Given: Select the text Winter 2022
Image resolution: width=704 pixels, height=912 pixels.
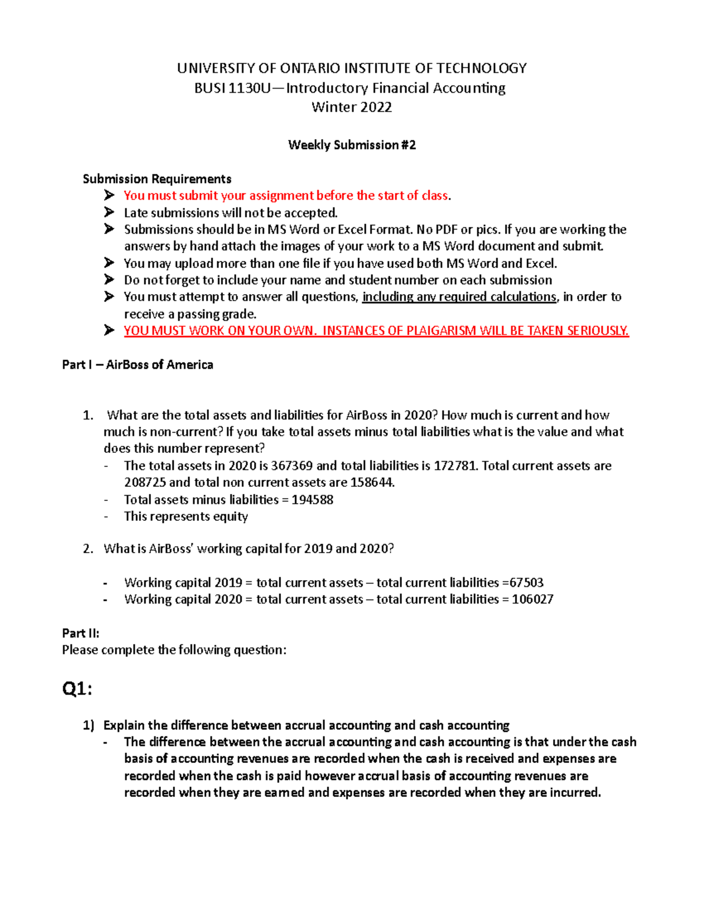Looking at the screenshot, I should [x=351, y=107].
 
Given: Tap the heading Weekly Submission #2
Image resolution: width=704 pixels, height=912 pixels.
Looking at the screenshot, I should [x=351, y=145].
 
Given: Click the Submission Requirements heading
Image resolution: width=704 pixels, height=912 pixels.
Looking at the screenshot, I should [x=157, y=179].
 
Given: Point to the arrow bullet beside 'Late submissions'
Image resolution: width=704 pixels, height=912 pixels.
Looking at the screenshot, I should [x=109, y=212].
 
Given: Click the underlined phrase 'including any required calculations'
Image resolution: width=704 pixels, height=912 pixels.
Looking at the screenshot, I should [x=459, y=297].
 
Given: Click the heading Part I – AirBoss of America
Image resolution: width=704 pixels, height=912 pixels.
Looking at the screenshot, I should [x=137, y=365].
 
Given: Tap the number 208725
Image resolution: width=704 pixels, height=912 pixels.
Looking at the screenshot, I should [x=145, y=483].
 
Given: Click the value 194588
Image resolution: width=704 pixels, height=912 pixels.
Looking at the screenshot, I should [x=312, y=500].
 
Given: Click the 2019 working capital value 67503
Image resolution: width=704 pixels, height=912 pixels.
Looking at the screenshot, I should [x=526, y=583].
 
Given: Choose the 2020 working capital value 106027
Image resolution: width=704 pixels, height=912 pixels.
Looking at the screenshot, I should [x=532, y=600].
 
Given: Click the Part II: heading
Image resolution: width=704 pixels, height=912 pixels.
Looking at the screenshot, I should [x=80, y=633].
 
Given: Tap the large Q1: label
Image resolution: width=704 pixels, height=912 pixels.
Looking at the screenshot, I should [x=77, y=688].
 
